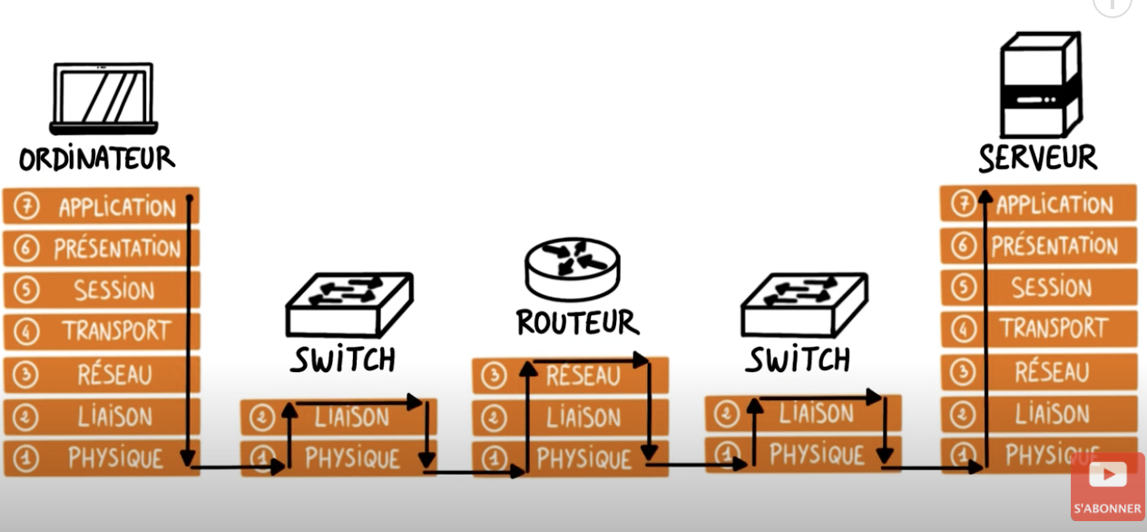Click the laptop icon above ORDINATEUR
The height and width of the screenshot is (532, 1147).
(103, 98)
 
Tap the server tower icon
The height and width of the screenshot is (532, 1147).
(1041, 84)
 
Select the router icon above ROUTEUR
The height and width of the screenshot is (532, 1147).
(573, 269)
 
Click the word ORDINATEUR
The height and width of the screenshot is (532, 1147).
(97, 158)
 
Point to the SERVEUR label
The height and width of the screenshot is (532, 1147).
(1038, 157)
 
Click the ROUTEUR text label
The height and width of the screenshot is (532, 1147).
(578, 322)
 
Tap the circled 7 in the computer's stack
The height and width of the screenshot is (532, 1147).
(26, 206)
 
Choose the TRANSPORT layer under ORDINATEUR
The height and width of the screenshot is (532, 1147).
(102, 331)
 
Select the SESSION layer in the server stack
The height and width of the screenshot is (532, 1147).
(1038, 288)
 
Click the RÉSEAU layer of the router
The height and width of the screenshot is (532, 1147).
(571, 376)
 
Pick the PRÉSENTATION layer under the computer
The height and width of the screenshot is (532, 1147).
(102, 248)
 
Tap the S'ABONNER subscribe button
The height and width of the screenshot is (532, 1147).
(1108, 487)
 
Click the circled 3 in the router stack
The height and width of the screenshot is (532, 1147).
(494, 376)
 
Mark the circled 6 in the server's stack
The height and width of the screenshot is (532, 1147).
(964, 246)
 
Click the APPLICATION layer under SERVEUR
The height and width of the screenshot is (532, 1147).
(1038, 204)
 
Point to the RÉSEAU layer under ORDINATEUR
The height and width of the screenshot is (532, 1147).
(102, 374)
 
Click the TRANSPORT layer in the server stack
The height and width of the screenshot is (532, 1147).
(1038, 329)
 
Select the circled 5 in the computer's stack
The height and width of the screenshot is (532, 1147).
(26, 290)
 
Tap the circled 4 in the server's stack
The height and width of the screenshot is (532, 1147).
(964, 329)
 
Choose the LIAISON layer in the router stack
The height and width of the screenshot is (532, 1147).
(571, 418)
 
